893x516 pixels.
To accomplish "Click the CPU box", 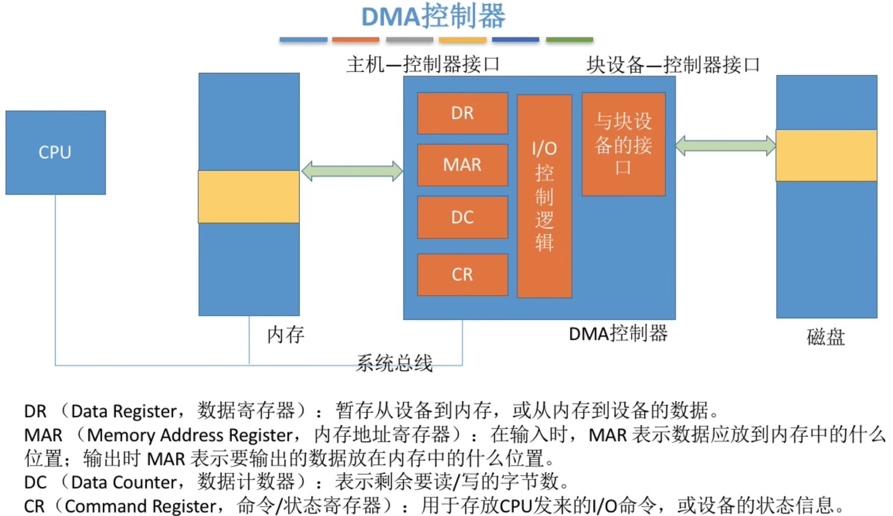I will [56, 152].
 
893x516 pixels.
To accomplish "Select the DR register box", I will [462, 113].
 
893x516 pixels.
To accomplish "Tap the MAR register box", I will [462, 165].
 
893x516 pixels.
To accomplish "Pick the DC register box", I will [462, 217].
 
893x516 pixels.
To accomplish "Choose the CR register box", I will [462, 274].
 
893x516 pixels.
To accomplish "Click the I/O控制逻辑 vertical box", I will [544, 196].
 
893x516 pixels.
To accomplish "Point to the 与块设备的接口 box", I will [623, 144].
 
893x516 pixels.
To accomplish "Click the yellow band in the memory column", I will [249, 197].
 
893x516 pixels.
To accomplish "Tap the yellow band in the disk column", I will [826, 156].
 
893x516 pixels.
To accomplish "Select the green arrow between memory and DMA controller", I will [352, 171].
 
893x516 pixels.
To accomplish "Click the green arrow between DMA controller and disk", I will [725, 146].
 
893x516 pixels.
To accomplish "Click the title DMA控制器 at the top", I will [433, 16].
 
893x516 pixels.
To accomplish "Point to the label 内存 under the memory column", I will [285, 334].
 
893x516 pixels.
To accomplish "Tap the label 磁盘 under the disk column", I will [825, 336].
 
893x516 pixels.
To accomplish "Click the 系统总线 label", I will [394, 363].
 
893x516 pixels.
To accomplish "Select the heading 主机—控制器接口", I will [423, 64].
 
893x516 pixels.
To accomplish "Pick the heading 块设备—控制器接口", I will [673, 65].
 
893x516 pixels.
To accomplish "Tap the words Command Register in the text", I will [141, 506].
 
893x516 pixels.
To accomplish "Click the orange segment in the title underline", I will [356, 40].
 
